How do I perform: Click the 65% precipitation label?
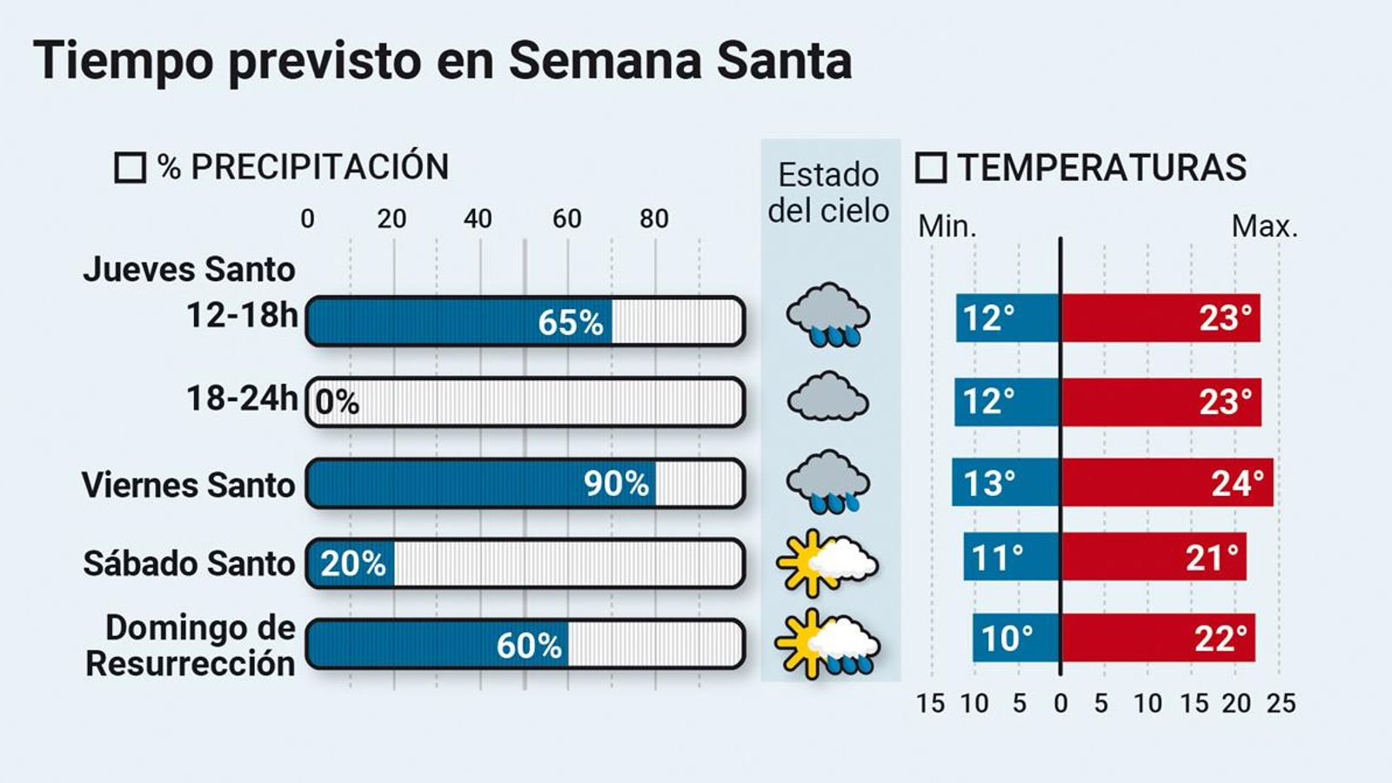[x=570, y=323]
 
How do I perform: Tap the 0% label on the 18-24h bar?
[x=337, y=403]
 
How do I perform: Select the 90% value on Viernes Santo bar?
[x=616, y=484]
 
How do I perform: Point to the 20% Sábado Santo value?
[x=353, y=564]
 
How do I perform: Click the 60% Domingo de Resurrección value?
[x=529, y=646]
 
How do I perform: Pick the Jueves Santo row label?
[x=189, y=270]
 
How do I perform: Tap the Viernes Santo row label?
[x=189, y=485]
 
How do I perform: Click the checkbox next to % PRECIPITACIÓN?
[x=130, y=167]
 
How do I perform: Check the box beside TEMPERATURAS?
[x=931, y=167]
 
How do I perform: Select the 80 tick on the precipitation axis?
[x=654, y=218]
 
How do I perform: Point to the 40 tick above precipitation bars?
[x=478, y=218]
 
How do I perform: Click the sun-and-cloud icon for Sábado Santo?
[x=826, y=564]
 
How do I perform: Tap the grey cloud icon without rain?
[x=827, y=398]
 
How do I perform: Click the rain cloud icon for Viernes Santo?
[x=827, y=481]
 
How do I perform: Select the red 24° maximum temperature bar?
[x=1166, y=483]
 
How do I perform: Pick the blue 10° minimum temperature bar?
[x=1016, y=638]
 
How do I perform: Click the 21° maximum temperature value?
[x=1211, y=558]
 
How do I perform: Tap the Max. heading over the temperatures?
[x=1264, y=227]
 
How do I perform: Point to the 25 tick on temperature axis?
[x=1281, y=703]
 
